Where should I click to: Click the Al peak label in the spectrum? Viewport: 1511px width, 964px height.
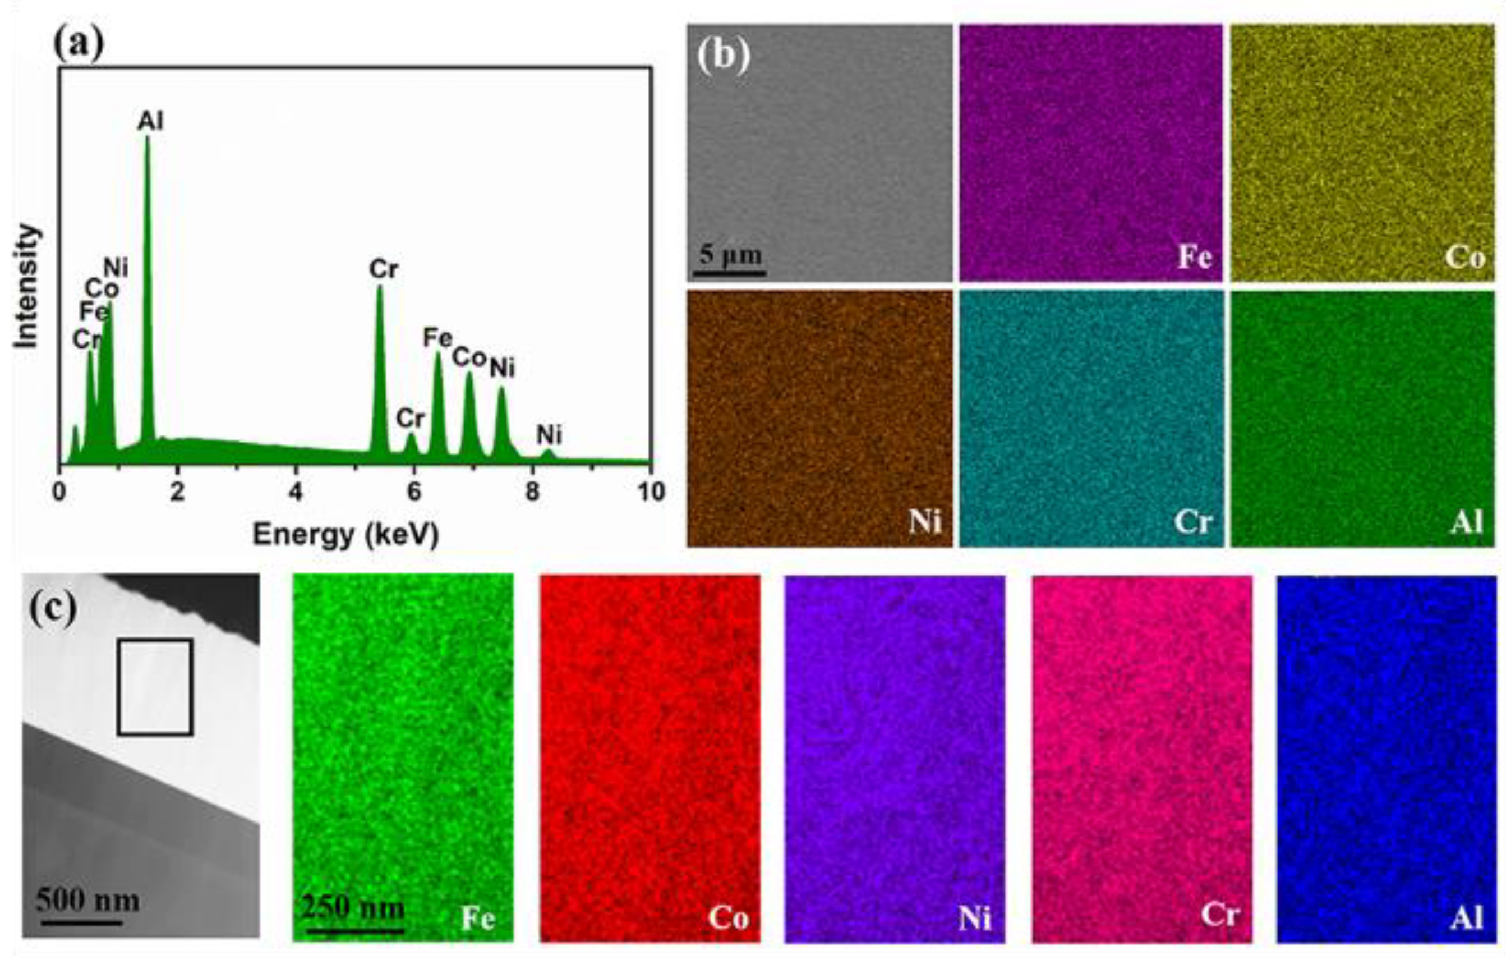pos(151,121)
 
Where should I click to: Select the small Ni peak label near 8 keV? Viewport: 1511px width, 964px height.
pos(549,434)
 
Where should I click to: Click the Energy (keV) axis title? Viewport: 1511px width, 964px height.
pos(345,535)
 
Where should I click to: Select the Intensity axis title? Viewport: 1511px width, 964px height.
pos(27,286)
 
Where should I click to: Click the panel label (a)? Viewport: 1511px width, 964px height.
pos(79,45)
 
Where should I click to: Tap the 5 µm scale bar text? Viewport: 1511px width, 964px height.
pos(730,255)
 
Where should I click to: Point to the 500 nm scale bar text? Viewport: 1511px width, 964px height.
pos(87,901)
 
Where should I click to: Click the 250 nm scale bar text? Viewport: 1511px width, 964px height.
pos(353,907)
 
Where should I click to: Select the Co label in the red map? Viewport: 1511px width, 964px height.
pos(729,918)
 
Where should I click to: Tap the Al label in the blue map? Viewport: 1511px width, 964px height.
pos(1467,918)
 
